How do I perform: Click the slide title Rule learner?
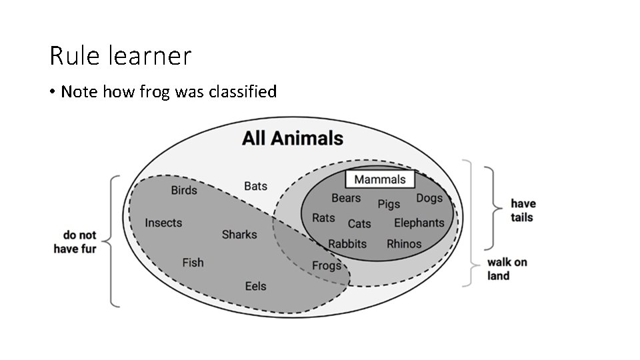(x=120, y=56)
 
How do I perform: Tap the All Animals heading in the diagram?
(x=293, y=139)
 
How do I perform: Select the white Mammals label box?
(x=379, y=179)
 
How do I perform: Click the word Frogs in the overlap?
(x=327, y=266)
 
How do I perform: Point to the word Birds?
(x=184, y=191)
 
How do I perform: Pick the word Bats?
(x=255, y=186)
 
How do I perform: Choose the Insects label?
(x=163, y=223)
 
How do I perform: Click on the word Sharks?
(x=239, y=235)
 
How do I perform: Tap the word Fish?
(x=193, y=263)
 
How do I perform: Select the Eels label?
(x=255, y=286)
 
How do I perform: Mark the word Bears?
(x=346, y=198)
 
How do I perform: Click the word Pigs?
(x=389, y=203)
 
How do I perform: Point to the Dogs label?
(x=429, y=198)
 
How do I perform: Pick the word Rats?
(x=323, y=218)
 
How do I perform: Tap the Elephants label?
(x=419, y=223)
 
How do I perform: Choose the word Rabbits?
(x=347, y=243)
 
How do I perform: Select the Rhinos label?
(x=404, y=243)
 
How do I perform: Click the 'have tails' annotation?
(x=523, y=210)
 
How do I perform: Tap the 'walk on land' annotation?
(x=507, y=269)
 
